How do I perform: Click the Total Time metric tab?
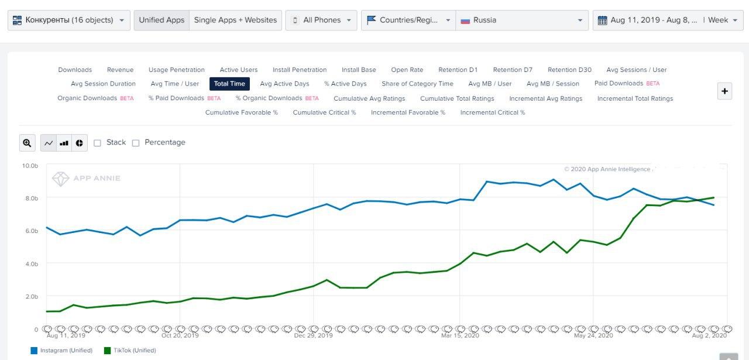[229, 84]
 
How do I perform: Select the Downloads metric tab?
[75, 70]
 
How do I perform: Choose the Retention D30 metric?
[569, 70]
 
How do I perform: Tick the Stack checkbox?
[97, 143]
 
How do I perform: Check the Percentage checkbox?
[136, 143]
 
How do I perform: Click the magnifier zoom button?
[27, 143]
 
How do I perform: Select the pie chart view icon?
[80, 143]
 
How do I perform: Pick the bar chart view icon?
[64, 143]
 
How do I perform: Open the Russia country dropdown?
[522, 20]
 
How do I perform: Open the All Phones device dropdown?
[321, 20]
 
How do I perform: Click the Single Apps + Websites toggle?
[235, 20]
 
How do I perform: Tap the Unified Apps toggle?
[162, 20]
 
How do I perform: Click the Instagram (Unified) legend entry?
[61, 350]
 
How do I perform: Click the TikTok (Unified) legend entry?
[130, 350]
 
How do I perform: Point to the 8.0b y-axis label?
[32, 198]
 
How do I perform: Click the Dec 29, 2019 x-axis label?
[313, 335]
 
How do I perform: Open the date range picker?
[668, 20]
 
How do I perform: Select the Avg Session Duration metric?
[104, 84]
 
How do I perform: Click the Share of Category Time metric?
[417, 84]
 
